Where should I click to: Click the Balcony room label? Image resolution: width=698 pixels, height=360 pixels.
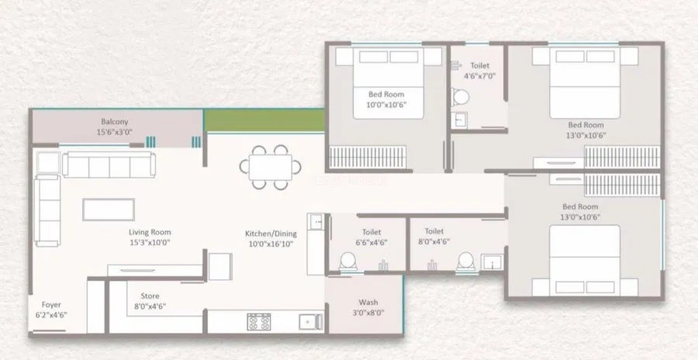click(115, 122)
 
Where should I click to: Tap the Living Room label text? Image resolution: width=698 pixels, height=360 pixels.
click(150, 232)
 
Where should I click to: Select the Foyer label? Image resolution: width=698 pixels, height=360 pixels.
click(51, 305)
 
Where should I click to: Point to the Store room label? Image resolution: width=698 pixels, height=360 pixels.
click(150, 296)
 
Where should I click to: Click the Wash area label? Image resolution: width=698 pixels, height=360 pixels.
click(368, 303)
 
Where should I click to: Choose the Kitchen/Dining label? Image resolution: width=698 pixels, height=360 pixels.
click(271, 234)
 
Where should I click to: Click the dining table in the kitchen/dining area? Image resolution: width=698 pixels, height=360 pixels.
click(270, 167)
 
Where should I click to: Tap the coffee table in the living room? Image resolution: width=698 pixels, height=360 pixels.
click(109, 209)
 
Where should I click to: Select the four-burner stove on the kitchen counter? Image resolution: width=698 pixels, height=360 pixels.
click(258, 322)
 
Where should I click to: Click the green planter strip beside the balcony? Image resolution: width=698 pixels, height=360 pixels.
click(264, 120)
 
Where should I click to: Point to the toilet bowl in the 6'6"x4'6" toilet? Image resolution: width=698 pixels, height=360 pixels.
click(348, 261)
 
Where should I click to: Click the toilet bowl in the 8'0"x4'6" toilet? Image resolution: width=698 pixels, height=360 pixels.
click(466, 261)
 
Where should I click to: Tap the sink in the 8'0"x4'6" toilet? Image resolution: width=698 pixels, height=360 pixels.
click(492, 262)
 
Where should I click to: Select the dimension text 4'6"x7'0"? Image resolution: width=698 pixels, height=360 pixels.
click(479, 76)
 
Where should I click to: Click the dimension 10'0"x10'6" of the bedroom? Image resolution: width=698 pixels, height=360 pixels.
click(387, 105)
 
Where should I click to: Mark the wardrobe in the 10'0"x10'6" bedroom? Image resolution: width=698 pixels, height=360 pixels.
click(368, 157)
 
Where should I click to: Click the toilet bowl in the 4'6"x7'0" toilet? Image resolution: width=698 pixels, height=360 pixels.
click(460, 97)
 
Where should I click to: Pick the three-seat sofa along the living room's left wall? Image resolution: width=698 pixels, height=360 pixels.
click(47, 210)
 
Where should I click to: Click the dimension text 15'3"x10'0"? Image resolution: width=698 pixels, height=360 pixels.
click(150, 243)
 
